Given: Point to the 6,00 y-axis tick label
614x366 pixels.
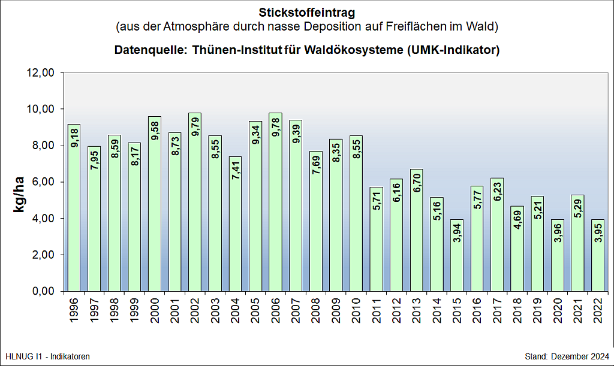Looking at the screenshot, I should coord(44,182).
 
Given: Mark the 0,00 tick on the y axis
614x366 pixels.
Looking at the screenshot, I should coord(44,291).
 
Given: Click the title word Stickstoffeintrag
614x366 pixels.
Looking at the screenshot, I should coord(306,13).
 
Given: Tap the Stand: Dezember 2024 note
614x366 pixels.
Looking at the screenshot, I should coord(567,356).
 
